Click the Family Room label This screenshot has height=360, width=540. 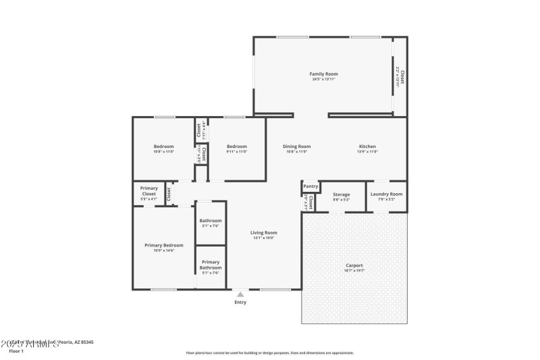(x=323, y=74)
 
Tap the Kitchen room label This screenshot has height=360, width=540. (x=367, y=147)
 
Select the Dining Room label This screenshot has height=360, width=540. (x=296, y=147)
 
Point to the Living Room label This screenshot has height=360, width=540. (x=264, y=232)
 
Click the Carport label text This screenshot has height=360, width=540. (x=354, y=265)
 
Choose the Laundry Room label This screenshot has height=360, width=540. (x=386, y=194)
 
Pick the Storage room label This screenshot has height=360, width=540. (x=341, y=195)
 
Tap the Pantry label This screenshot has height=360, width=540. (x=310, y=186)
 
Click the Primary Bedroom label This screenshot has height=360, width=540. (x=164, y=245)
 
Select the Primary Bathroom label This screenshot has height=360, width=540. (x=210, y=265)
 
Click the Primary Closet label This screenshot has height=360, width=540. (x=148, y=191)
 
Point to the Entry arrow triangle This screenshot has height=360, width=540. (x=240, y=294)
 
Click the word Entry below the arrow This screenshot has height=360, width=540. (x=240, y=303)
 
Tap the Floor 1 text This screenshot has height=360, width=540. (x=16, y=351)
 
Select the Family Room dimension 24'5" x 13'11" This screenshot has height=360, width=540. (x=323, y=79)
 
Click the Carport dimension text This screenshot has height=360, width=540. (x=354, y=271)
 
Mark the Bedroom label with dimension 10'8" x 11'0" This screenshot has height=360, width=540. (x=163, y=147)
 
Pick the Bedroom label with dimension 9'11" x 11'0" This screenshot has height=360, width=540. (x=236, y=147)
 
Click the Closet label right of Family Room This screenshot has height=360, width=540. (x=402, y=76)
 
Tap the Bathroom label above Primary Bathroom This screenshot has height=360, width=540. (x=210, y=220)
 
